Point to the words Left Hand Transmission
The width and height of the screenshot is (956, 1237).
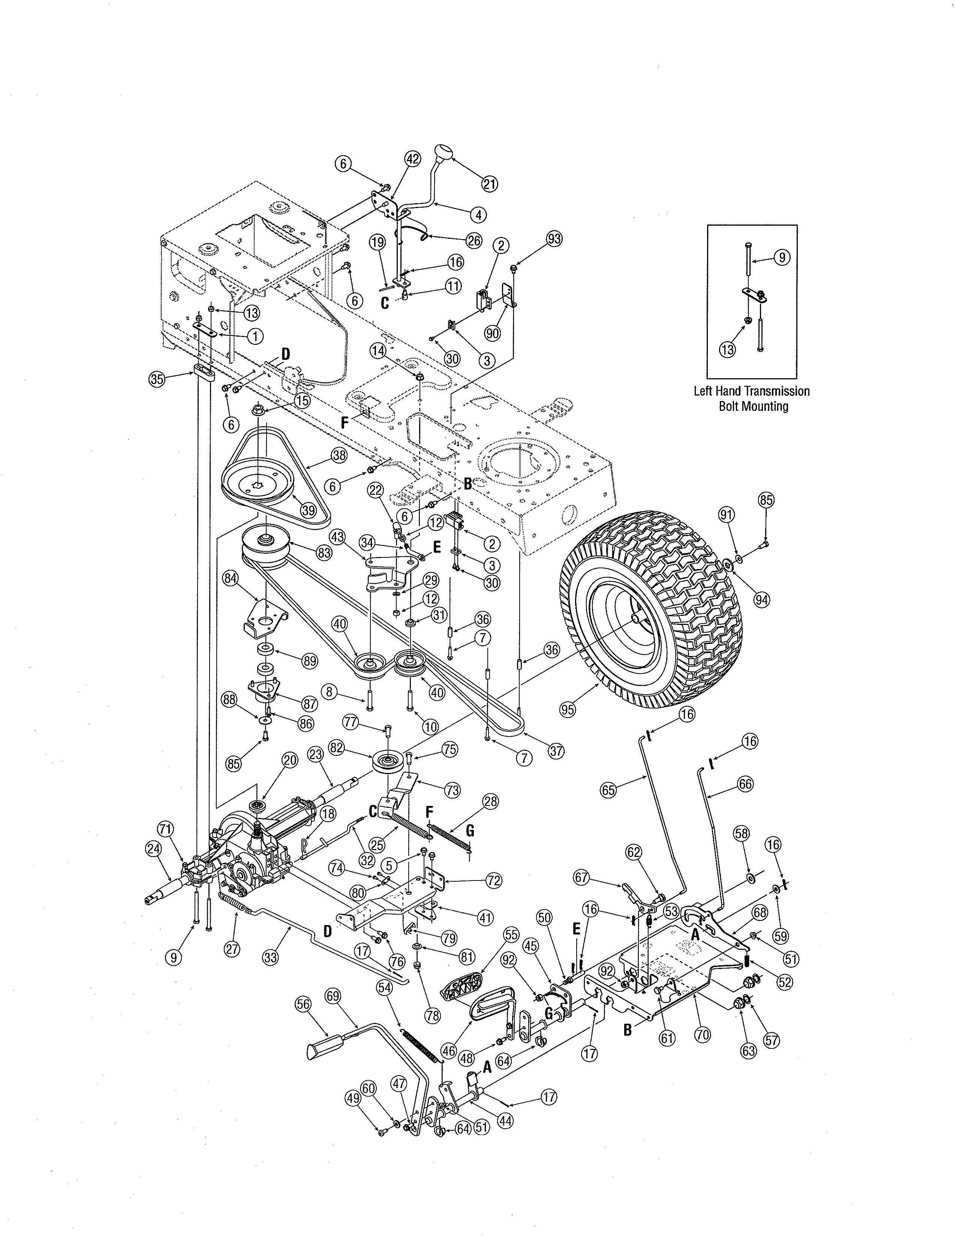pyautogui.click(x=752, y=391)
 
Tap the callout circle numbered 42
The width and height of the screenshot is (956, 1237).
pyautogui.click(x=412, y=160)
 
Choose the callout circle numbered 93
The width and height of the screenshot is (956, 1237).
pyautogui.click(x=554, y=239)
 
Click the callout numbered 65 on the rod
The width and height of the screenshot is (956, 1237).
pyautogui.click(x=608, y=791)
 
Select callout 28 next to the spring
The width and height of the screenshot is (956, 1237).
pyautogui.click(x=490, y=801)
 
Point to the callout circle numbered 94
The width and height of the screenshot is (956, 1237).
pyautogui.click(x=762, y=599)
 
